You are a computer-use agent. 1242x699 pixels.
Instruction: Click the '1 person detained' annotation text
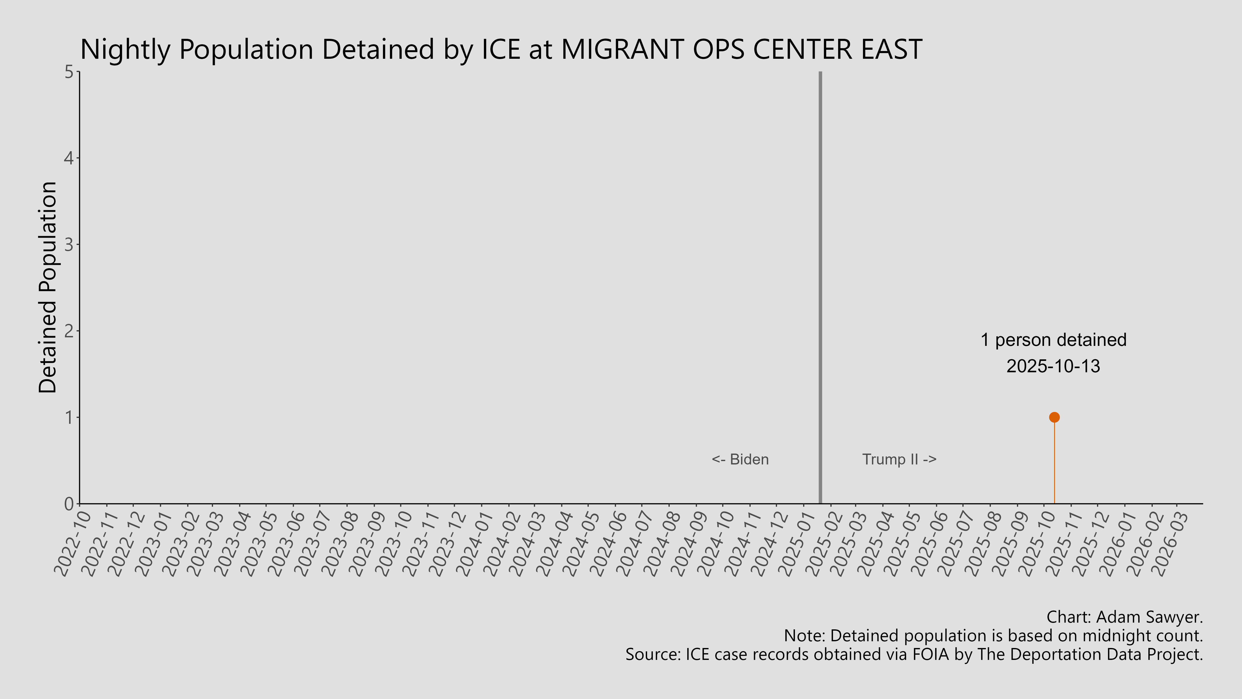click(1053, 340)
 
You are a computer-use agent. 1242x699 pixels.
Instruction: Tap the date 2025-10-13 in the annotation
click(1053, 366)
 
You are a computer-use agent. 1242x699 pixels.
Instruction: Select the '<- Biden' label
click(740, 459)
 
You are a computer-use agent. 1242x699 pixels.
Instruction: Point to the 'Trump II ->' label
click(899, 459)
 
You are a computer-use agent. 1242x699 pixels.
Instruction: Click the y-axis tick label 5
click(69, 72)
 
